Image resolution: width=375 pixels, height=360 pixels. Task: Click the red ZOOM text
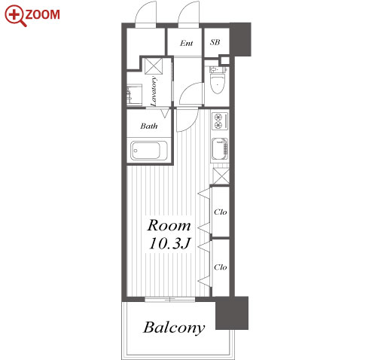(43, 14)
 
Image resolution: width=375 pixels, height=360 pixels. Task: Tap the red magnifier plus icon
(15, 15)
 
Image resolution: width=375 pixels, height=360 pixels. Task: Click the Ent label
(187, 43)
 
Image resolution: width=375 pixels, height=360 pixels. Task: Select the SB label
(215, 42)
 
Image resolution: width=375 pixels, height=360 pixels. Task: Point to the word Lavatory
(154, 91)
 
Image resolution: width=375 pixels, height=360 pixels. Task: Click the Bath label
(149, 126)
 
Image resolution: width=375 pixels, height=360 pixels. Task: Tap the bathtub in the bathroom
(148, 151)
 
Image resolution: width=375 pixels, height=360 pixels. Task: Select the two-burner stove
(220, 121)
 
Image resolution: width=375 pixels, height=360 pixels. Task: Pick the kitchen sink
(220, 149)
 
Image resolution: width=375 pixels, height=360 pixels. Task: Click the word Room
(169, 225)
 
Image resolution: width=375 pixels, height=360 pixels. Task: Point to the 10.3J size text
(169, 243)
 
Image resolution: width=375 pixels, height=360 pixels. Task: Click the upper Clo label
(221, 212)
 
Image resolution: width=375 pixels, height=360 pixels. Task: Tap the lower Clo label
(221, 267)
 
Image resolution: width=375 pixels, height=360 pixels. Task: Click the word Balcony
(174, 328)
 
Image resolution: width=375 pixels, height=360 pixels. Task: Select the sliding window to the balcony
(170, 299)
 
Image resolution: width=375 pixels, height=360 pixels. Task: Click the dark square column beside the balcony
(232, 313)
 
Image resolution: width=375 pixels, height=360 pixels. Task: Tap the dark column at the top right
(240, 39)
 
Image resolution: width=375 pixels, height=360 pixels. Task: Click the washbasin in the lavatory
(134, 95)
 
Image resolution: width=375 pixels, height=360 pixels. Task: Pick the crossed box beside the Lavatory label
(154, 66)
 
